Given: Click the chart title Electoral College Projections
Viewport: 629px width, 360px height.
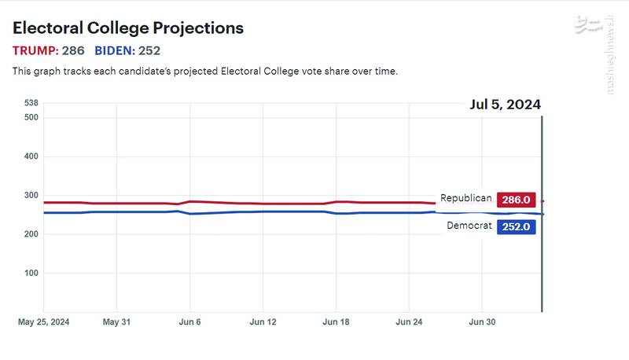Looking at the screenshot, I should click(128, 28).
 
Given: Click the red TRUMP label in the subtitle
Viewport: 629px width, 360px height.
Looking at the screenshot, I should click(35, 51).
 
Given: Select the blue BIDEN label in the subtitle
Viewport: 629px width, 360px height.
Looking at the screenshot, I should click(114, 51).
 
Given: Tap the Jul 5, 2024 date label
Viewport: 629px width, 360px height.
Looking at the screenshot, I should click(505, 105).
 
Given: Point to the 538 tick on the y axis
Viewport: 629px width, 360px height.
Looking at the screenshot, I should click(31, 103).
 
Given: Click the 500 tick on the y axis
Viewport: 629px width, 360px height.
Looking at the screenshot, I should click(31, 118).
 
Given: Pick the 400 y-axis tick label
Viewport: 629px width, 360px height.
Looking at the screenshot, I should click(31, 156).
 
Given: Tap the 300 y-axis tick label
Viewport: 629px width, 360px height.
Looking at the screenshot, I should click(31, 195).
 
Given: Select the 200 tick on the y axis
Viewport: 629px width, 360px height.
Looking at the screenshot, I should click(31, 234).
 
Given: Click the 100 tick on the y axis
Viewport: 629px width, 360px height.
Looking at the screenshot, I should click(31, 273).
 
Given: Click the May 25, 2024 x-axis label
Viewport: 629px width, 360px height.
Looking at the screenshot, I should click(44, 322).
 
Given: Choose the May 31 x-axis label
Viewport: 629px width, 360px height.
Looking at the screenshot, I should click(116, 322).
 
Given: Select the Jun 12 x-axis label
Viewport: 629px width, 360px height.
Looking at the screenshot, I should click(263, 322).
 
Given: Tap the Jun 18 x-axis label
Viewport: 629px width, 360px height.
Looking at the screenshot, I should click(336, 322).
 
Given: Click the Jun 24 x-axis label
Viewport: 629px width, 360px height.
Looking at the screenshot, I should click(409, 322).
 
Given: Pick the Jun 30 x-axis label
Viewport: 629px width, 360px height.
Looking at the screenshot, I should click(482, 322).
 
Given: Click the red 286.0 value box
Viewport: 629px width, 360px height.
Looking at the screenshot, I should click(516, 200).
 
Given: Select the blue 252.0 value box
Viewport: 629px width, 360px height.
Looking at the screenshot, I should click(516, 226).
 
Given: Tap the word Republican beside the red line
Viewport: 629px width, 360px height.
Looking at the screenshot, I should click(465, 199).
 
